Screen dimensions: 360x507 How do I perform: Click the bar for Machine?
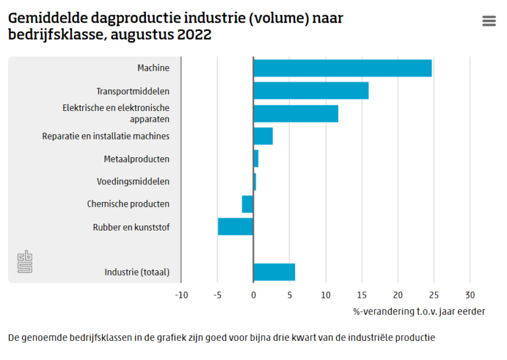coord(342,68)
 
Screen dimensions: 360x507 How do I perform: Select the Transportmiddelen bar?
coord(311,90)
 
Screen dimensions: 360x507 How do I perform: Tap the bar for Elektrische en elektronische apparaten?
coord(296,114)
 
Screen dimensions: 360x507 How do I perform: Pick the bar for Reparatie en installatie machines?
coord(263,136)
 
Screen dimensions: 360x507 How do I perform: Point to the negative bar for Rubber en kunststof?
coord(236,227)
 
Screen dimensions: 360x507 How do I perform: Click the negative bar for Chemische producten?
coord(248,204)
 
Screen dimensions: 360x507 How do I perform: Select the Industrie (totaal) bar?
coord(274,271)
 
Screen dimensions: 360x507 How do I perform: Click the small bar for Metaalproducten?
coord(255,159)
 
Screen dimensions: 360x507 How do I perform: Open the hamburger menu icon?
coord(489,21)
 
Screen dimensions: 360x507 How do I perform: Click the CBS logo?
coord(24,262)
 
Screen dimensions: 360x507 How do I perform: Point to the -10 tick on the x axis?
coord(181,295)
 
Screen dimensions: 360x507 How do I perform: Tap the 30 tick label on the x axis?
coord(469,295)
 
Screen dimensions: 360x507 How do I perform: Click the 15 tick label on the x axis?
coord(361,295)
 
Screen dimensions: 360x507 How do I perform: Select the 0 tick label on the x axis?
coord(253,295)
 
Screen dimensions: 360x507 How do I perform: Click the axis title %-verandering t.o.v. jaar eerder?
coord(419,311)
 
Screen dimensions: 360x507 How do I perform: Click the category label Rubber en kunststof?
coord(131,227)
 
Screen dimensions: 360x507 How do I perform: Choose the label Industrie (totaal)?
coord(137,272)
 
